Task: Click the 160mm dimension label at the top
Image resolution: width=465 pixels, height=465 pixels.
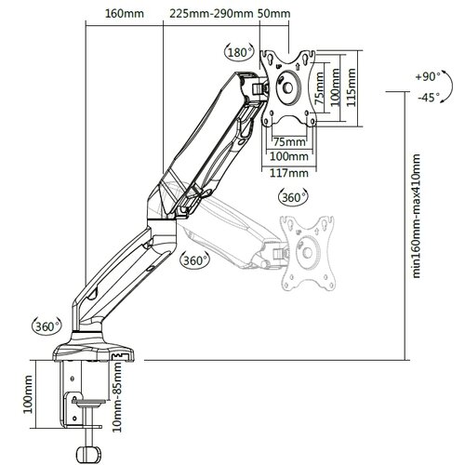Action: click(125, 14)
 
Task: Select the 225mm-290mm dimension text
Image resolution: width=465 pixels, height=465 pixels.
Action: click(212, 14)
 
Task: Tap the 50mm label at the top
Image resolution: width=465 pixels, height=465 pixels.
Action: click(274, 14)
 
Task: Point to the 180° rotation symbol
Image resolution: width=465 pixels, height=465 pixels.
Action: click(239, 52)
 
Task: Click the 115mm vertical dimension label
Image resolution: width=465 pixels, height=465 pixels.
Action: click(351, 87)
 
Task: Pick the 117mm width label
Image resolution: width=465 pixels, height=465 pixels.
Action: click(289, 173)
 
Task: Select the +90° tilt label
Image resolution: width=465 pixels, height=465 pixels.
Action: click(428, 76)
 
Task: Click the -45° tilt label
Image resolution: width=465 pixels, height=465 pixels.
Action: click(429, 98)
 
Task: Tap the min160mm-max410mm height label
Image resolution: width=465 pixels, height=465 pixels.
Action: click(416, 216)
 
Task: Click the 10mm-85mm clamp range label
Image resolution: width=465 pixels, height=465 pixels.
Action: click(117, 397)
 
